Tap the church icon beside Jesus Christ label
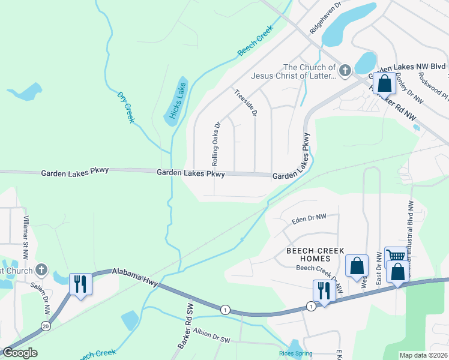[345, 71]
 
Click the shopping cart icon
[396, 256]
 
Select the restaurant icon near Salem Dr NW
[80, 283]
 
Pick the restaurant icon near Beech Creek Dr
[324, 290]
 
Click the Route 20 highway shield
[46, 326]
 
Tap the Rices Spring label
[296, 353]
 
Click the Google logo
[20, 352]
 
